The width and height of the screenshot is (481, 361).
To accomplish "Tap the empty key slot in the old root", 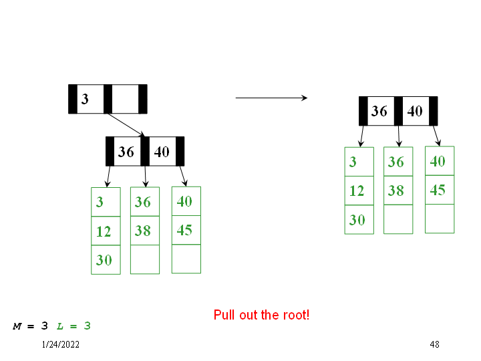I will tap(125, 99).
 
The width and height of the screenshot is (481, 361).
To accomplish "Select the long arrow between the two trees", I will tap(271, 98).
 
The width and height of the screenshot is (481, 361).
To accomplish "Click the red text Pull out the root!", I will tap(261, 315).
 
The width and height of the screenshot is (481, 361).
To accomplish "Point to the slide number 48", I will tap(434, 344).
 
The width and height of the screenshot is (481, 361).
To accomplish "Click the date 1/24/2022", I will tap(60, 344).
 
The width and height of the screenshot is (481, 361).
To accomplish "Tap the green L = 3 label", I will tap(73, 326).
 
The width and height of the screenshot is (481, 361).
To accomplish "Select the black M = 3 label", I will tap(31, 326).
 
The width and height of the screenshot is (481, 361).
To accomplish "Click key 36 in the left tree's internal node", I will tap(126, 152).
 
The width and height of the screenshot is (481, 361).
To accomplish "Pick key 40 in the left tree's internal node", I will tap(162, 152).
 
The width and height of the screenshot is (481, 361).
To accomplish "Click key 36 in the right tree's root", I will tap(379, 111).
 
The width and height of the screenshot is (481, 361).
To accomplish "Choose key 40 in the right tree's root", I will tap(415, 111).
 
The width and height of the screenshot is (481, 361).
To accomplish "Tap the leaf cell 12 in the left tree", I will tap(106, 231).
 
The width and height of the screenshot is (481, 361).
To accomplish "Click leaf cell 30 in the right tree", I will tap(359, 219).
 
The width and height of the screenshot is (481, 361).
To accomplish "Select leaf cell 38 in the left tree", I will tap(144, 231).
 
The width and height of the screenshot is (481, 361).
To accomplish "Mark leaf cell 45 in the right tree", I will tap(439, 190).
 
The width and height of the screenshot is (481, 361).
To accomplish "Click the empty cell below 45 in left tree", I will tap(186, 259).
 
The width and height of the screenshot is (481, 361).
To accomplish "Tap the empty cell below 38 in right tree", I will tap(397, 219).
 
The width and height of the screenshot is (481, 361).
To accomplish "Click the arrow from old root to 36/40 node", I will tap(126, 124).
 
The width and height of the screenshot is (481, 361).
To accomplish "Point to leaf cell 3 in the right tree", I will tap(359, 162).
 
